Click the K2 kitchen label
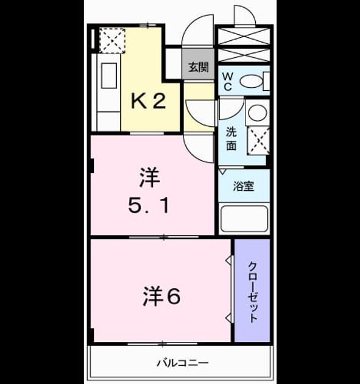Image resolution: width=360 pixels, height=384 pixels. tap(149, 101)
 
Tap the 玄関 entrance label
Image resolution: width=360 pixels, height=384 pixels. tap(199, 67)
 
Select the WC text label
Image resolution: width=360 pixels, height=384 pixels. tap(228, 82)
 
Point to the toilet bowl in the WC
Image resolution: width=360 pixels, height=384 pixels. tap(250, 81)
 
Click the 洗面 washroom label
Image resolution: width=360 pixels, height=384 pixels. tap(231, 139)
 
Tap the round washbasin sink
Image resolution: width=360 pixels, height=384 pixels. tap(257, 113)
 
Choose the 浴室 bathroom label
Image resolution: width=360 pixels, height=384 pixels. tap(243, 186)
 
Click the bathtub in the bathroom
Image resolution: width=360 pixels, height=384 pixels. tap(244, 219)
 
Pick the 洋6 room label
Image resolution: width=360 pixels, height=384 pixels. tap(162, 296)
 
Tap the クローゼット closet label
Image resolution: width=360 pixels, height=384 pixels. tap(253, 293)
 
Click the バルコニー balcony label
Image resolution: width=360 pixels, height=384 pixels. tap(183, 363)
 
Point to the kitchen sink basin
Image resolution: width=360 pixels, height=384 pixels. tap(109, 76)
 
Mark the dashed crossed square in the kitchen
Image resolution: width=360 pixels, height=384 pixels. tap(112, 40)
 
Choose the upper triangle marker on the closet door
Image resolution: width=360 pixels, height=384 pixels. tap(228, 260)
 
